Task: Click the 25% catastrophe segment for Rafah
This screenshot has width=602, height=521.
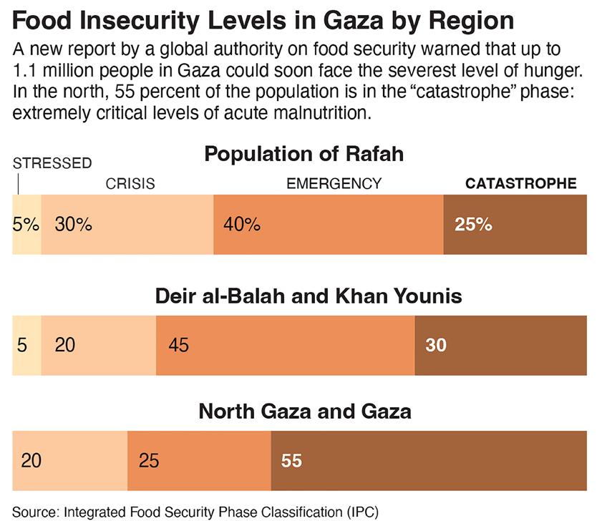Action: coord(515,224)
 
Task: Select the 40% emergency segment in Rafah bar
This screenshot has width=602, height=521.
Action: coord(328,224)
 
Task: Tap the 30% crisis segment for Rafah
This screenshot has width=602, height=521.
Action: coord(127,224)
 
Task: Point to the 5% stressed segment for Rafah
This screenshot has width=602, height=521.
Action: coord(26,224)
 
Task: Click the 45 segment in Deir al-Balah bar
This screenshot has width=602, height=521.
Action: coord(285,345)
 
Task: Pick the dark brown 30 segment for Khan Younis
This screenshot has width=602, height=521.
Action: coord(500,345)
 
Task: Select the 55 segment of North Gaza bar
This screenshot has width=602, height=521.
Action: coord(429,461)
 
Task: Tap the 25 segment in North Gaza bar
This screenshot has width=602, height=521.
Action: coord(199,461)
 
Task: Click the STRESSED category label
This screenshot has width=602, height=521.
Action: coord(52,163)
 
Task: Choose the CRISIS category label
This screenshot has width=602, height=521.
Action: coord(130,184)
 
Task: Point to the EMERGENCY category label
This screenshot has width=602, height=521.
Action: coord(334,184)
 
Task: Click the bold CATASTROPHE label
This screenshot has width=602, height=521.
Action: coord(520,184)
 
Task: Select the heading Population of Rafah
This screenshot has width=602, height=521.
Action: coord(304,154)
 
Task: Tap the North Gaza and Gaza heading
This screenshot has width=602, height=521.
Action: coord(304,412)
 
